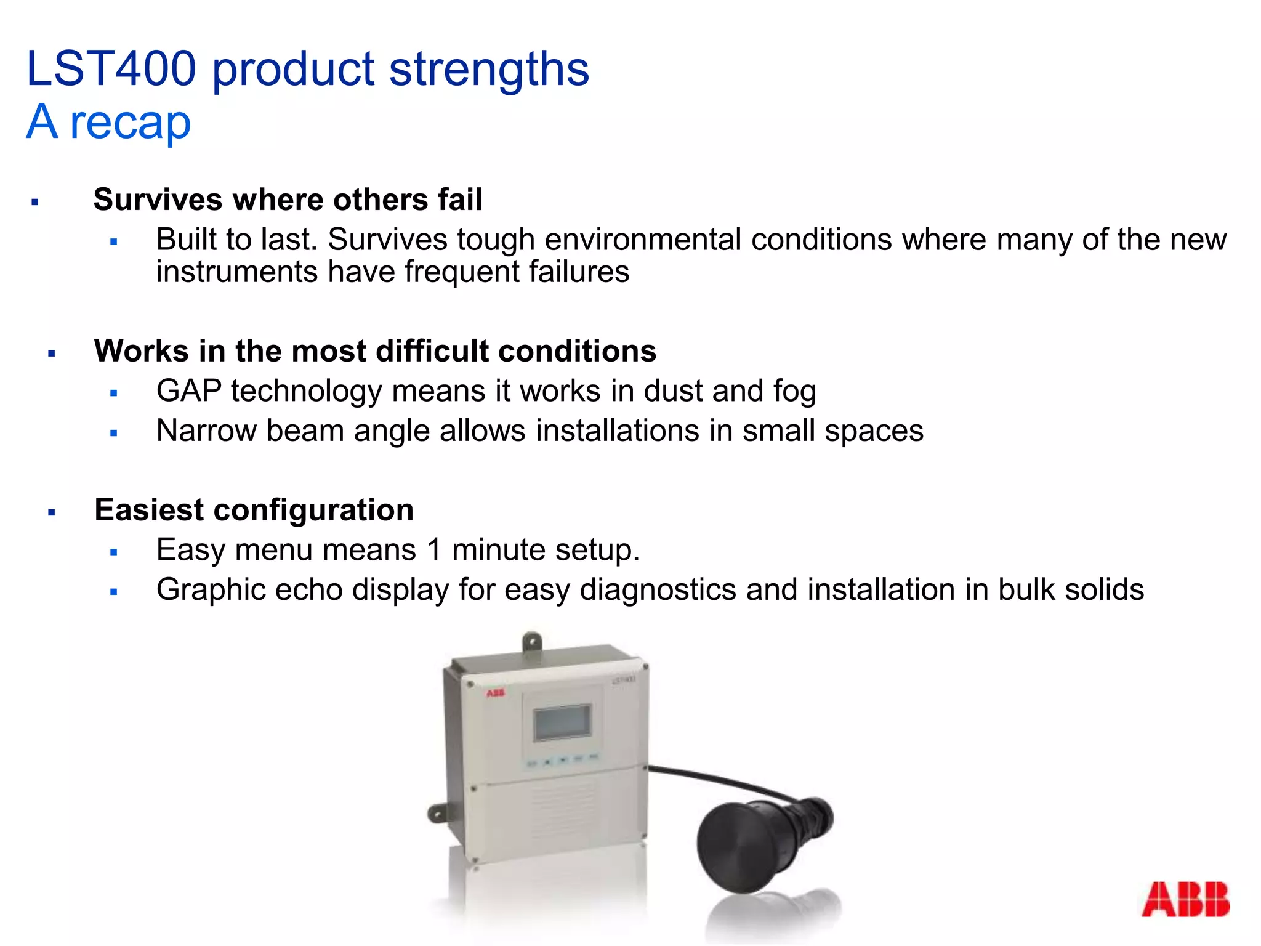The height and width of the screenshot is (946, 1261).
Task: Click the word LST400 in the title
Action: point(111,68)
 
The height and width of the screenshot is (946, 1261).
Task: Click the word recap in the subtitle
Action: point(131,123)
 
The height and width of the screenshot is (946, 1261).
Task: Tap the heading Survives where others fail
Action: point(288,200)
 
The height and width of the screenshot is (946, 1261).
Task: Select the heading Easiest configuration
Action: point(254,510)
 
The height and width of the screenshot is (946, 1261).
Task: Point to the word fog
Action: point(794,392)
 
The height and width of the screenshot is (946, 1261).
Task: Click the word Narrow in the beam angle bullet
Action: point(206,431)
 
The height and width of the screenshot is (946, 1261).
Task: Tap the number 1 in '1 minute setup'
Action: point(434,549)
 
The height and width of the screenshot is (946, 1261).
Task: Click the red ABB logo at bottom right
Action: point(1185,899)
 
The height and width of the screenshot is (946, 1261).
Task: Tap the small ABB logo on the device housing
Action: point(496,693)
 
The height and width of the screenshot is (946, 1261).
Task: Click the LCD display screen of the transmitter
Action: point(562,722)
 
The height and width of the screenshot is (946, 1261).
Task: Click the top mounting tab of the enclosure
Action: point(531,642)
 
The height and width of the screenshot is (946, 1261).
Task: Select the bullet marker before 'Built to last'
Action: point(113,242)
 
